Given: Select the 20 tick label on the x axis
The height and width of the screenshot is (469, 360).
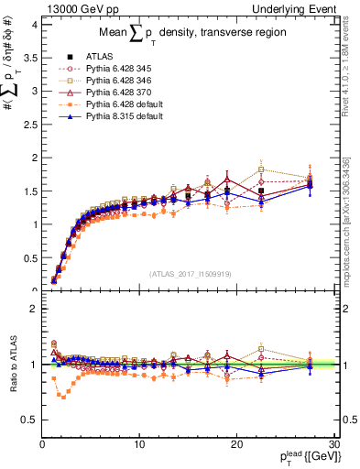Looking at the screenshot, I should [236, 444].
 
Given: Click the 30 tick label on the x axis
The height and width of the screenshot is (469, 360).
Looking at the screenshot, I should [333, 444].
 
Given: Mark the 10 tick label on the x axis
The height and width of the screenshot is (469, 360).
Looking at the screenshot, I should [139, 444].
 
